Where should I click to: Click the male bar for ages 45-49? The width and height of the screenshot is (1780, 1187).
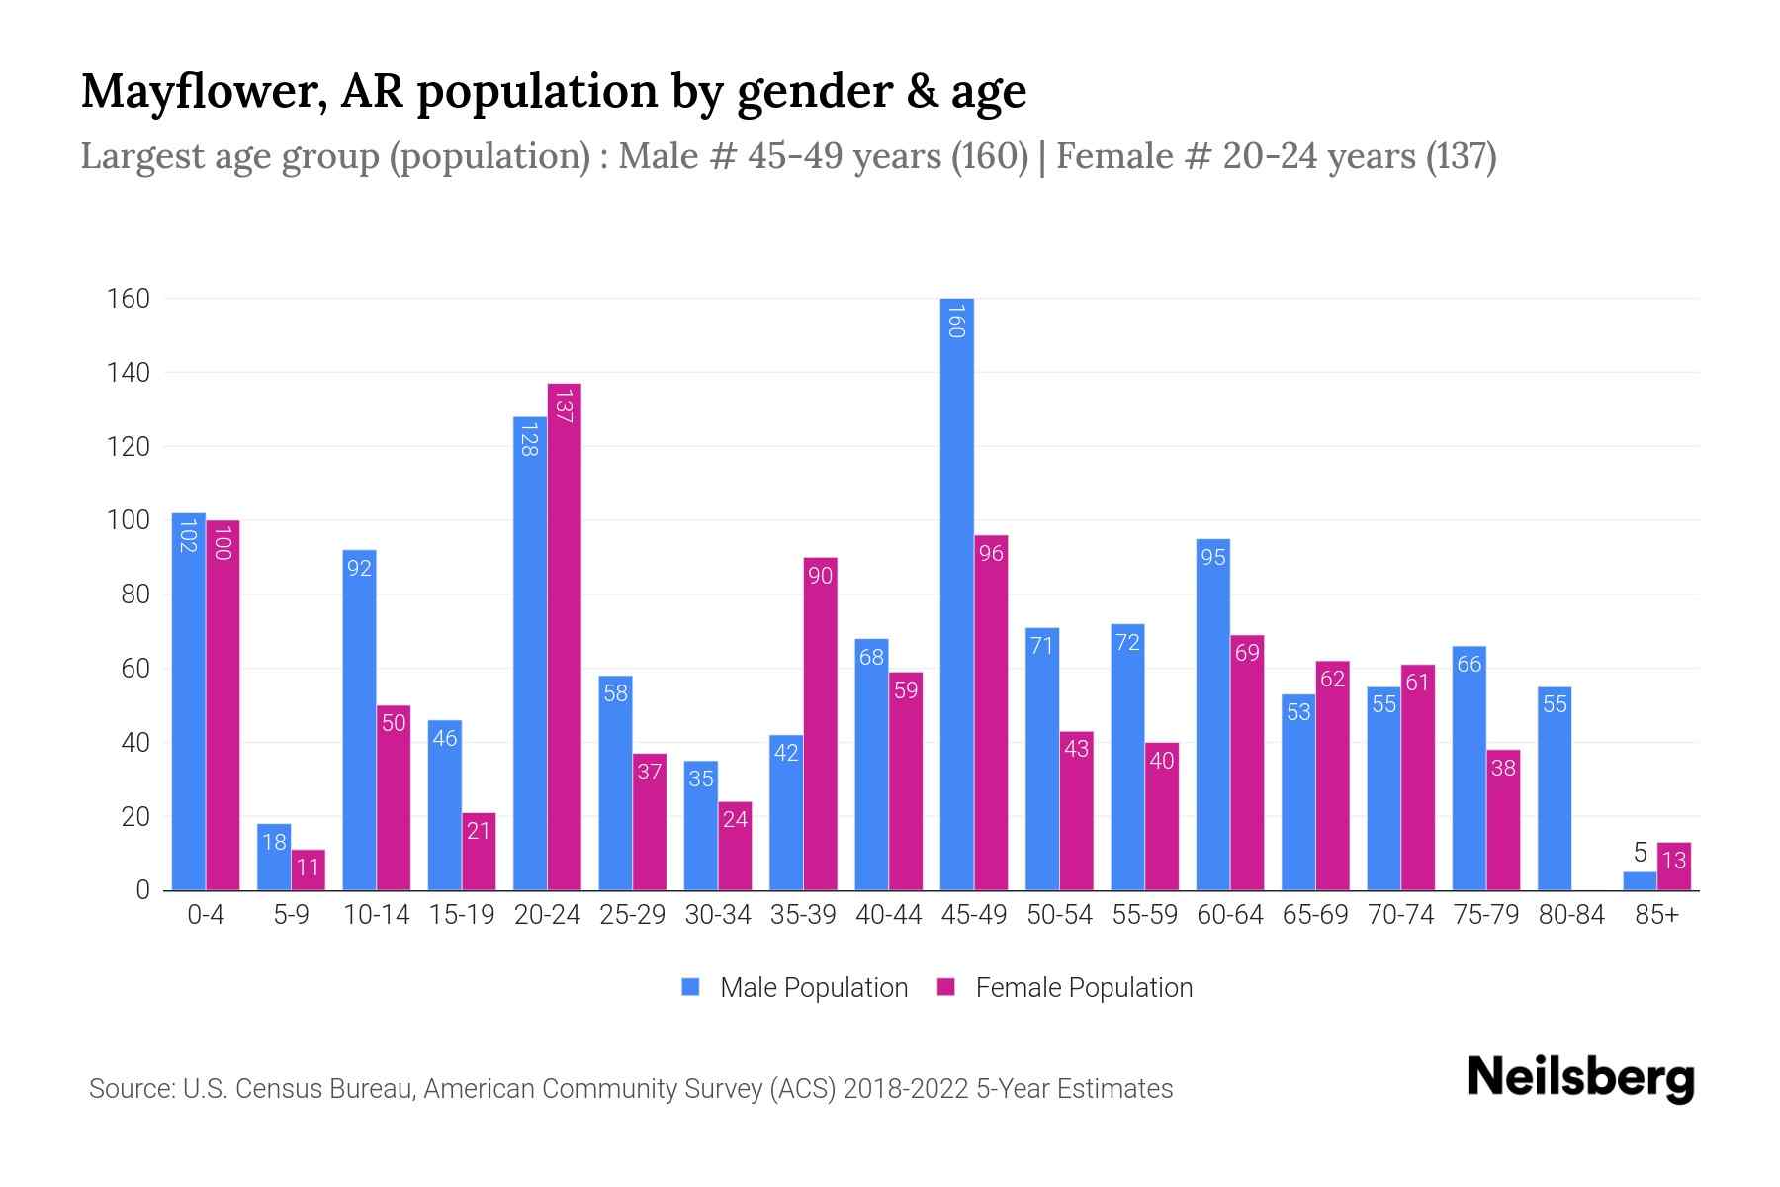956,593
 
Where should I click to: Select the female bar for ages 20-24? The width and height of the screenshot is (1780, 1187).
564,637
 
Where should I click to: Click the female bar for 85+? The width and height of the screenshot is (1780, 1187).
1673,867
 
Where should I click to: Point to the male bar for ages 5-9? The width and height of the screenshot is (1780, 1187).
274,857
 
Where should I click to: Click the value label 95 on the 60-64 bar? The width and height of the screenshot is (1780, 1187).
1213,558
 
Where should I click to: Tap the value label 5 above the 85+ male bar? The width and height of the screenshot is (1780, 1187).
1640,853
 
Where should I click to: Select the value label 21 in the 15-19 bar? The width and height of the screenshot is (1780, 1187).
479,831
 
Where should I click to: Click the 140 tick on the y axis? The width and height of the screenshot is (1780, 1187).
129,373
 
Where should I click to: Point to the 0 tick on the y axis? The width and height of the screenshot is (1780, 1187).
142,890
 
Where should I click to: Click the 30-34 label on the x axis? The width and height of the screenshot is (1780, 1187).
718,915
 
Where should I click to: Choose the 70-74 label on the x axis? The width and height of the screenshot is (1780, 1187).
1400,915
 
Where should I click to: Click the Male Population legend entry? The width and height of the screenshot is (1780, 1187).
813,988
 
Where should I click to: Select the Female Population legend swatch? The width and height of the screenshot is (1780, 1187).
946,987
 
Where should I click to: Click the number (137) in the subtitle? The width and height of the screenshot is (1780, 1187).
1461,156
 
